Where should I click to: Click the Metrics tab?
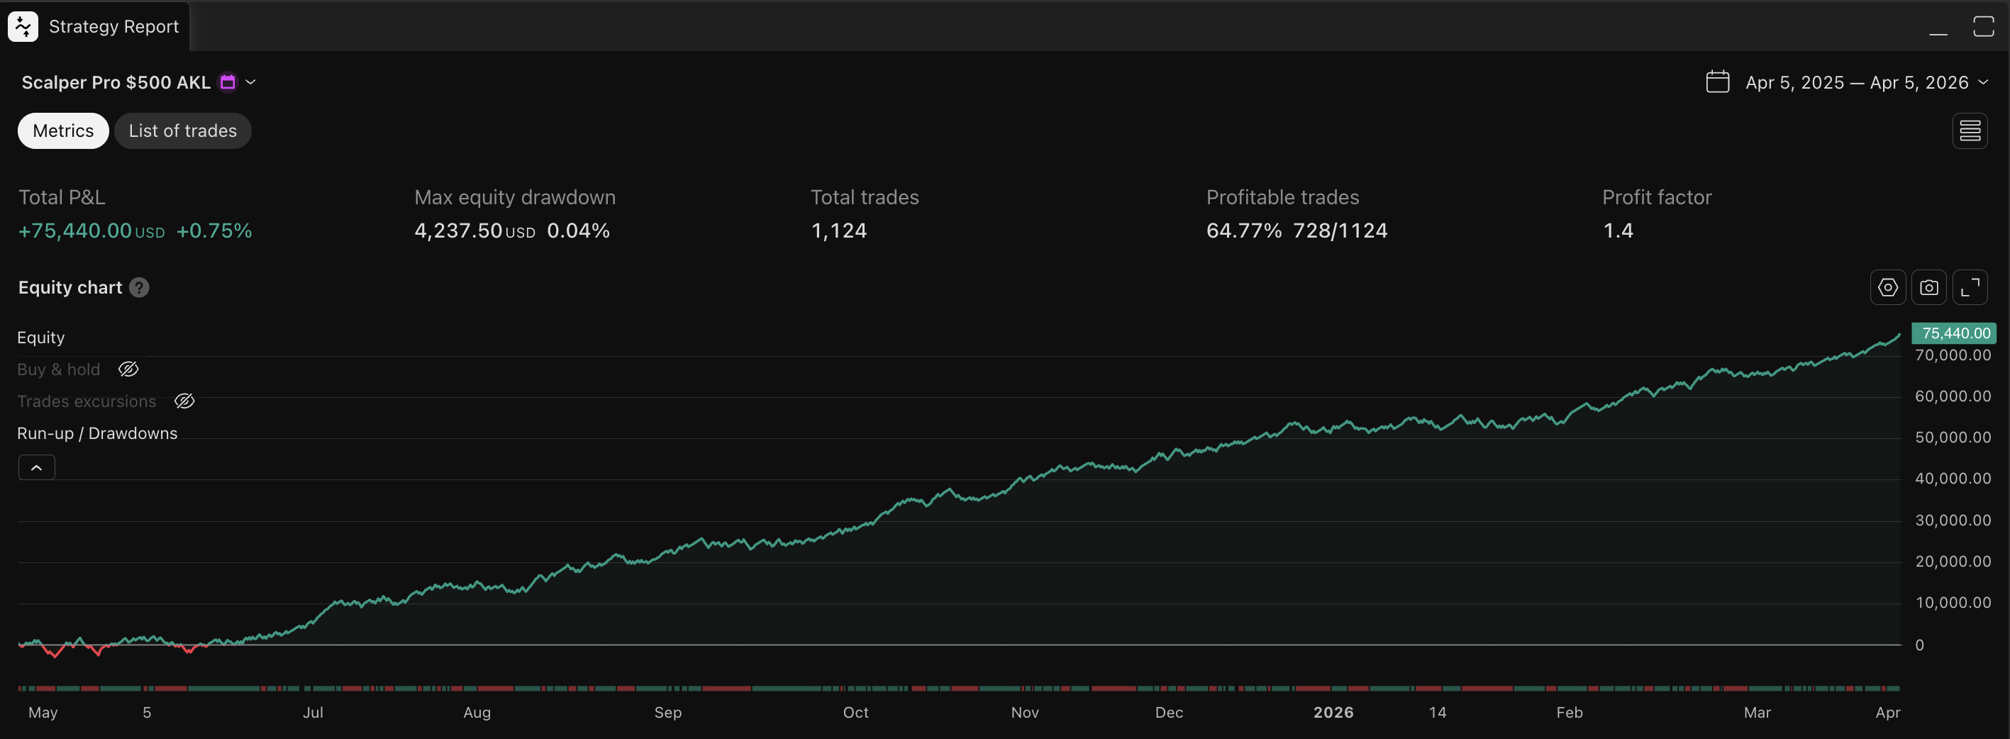(x=63, y=131)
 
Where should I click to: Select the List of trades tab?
(x=182, y=131)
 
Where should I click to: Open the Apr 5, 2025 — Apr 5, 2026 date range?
(x=1856, y=83)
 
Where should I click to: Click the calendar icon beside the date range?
(x=1717, y=82)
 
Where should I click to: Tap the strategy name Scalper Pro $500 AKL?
(x=116, y=83)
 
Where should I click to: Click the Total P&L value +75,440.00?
(x=75, y=231)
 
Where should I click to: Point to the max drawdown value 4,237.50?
(x=458, y=231)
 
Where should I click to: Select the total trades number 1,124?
(x=839, y=231)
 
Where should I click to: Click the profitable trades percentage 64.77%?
(x=1244, y=231)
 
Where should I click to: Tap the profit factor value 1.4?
(x=1618, y=231)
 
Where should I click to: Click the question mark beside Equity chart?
(x=140, y=288)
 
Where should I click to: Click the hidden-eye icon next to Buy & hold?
(x=129, y=369)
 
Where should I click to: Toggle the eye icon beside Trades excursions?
(x=184, y=401)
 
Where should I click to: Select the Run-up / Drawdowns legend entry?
(x=98, y=433)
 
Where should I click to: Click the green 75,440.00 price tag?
(x=1955, y=333)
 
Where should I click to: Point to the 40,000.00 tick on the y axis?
(x=1953, y=478)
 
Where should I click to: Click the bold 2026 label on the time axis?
(x=1333, y=713)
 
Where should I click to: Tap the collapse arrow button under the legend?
(x=37, y=467)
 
